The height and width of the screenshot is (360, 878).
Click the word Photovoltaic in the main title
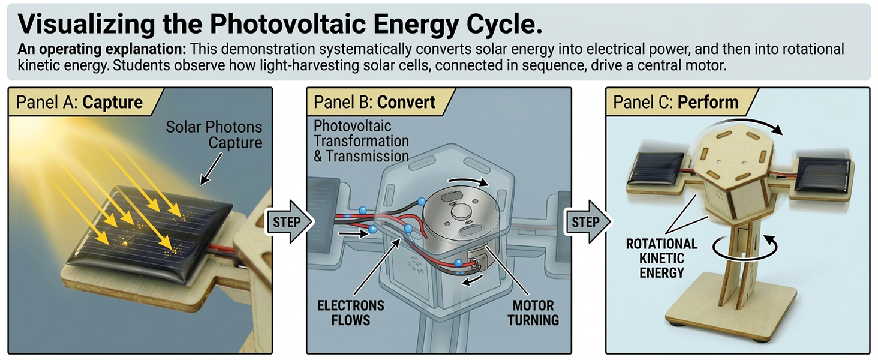[x=288, y=24]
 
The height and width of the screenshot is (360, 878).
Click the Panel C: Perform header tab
[x=680, y=103]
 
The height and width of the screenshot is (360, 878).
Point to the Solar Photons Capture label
[x=214, y=134]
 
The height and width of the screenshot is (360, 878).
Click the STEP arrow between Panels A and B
[x=289, y=221]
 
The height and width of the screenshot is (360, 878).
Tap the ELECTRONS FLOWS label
[x=351, y=313]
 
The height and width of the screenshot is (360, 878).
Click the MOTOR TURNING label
[x=533, y=313]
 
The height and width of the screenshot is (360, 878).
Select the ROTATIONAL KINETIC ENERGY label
[x=661, y=258]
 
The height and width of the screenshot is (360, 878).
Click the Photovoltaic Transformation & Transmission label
[x=361, y=141]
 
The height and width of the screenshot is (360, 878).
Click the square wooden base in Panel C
[x=731, y=310]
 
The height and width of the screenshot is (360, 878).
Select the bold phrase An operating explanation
[x=101, y=49]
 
